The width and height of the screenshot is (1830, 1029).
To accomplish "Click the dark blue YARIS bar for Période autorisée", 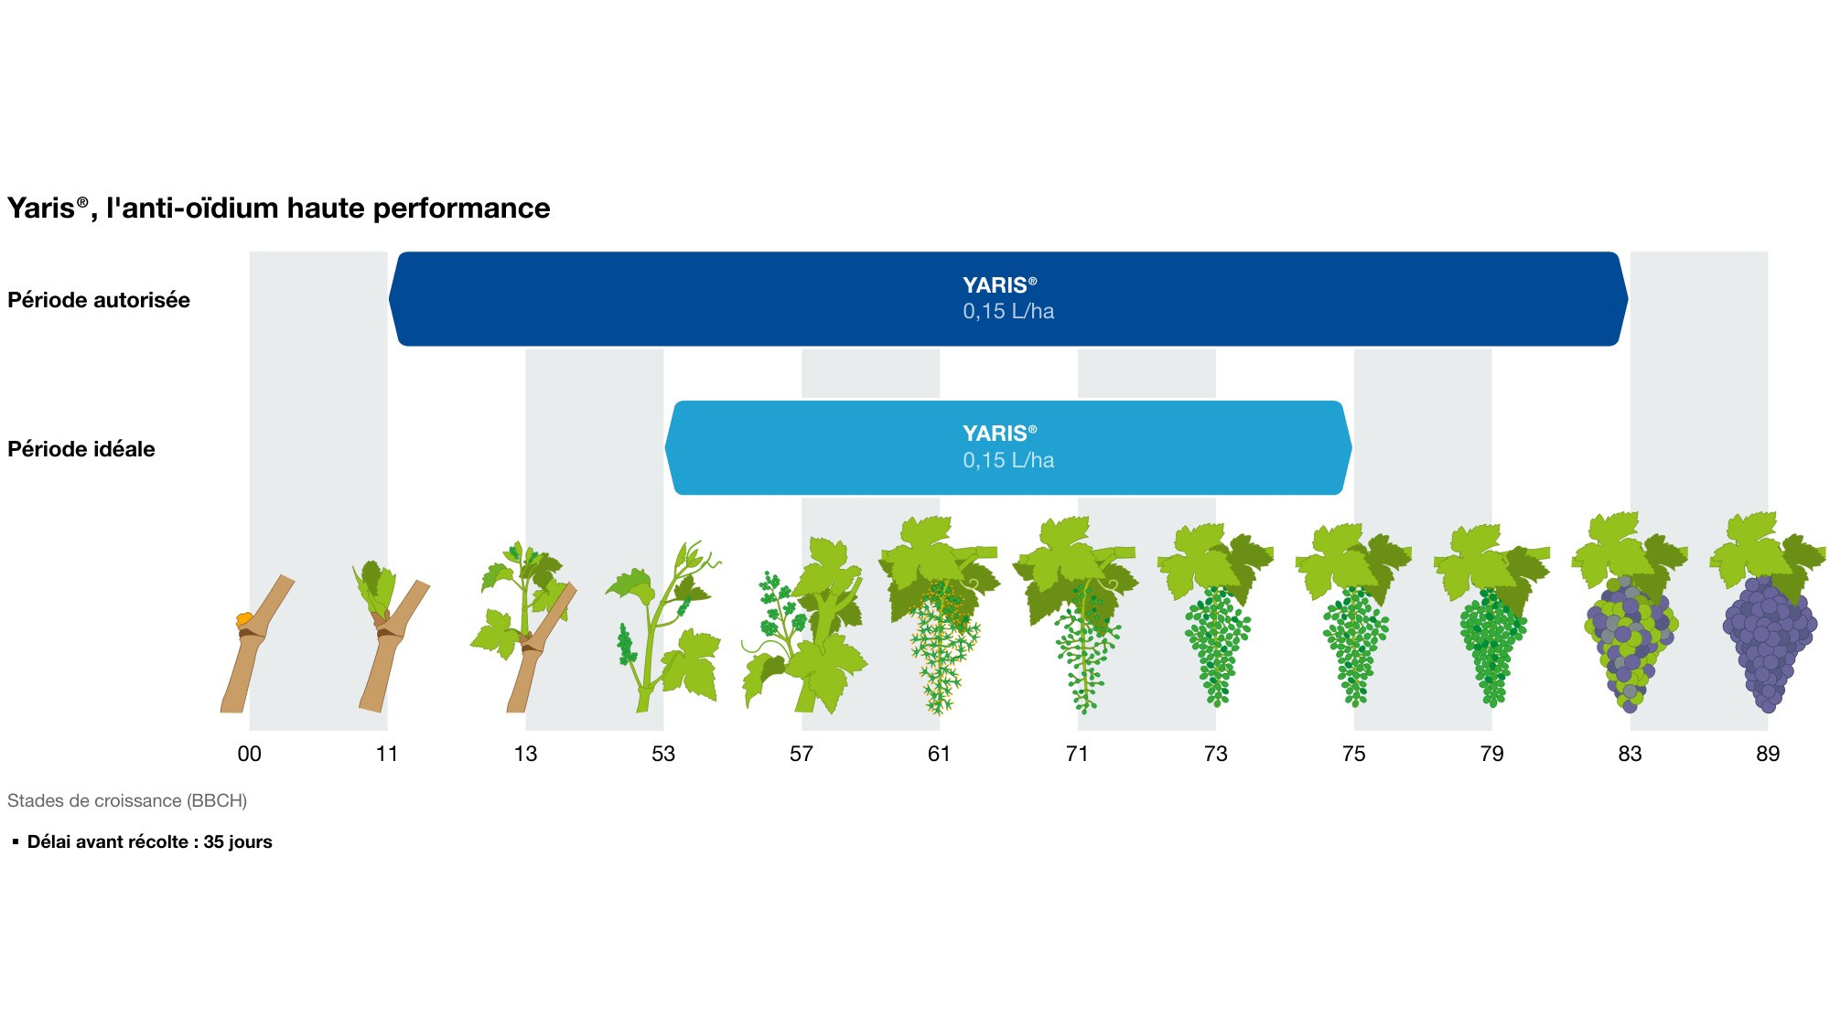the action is (x=1008, y=299).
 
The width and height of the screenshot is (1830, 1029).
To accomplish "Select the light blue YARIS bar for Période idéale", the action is (x=1008, y=448).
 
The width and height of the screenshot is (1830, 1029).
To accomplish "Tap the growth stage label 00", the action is (x=249, y=754).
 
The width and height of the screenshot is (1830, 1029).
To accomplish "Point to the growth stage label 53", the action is (x=663, y=754).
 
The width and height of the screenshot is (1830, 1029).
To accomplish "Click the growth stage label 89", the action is (x=1768, y=754).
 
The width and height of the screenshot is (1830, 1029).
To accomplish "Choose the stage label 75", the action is (x=1353, y=754).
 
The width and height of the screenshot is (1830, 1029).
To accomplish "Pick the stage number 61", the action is (x=939, y=754).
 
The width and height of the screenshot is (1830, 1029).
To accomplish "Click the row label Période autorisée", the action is (x=99, y=300).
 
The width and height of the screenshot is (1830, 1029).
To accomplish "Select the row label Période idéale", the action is (x=81, y=449).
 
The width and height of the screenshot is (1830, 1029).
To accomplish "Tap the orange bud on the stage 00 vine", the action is (x=243, y=620).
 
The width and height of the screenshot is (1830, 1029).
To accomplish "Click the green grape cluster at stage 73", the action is (x=1217, y=646).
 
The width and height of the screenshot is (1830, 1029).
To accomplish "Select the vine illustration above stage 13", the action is (x=523, y=627).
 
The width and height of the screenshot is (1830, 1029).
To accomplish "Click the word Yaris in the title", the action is (x=41, y=209).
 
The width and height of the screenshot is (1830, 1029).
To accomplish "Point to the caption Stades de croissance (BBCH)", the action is (x=127, y=800).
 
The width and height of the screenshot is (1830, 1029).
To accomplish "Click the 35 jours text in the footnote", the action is (x=238, y=841).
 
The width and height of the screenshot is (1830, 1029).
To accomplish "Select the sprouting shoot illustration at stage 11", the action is (x=392, y=637).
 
